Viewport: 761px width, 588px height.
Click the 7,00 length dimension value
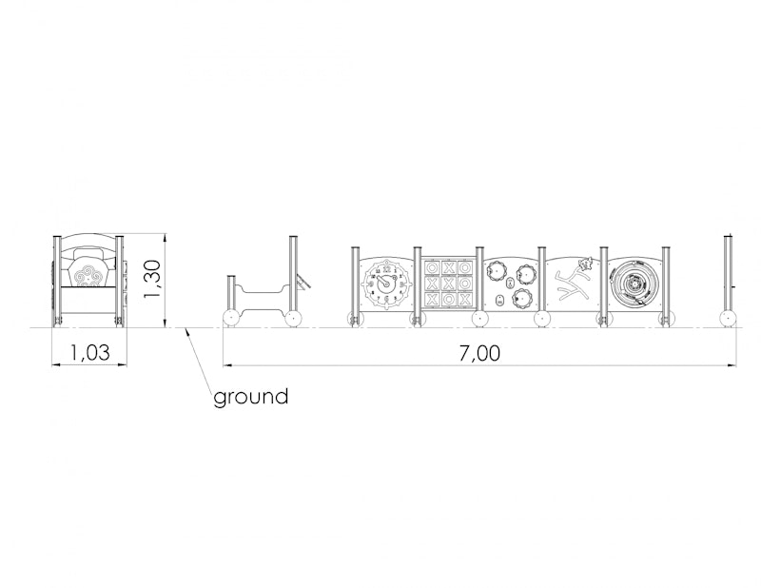479,353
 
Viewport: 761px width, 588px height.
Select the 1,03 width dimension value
89,352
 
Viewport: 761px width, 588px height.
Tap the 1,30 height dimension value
152,279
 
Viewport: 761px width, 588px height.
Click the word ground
251,397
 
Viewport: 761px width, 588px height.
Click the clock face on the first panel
386,284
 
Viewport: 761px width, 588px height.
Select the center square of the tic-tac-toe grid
448,283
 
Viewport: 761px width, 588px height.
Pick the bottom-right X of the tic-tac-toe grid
465,299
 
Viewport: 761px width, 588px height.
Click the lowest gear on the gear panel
521,297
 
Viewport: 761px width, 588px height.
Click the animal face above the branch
585,263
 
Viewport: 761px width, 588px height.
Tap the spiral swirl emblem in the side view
88,275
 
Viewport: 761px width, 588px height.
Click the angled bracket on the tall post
302,283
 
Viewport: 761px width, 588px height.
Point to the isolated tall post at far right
728,274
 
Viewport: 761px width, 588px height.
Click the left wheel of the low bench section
231,319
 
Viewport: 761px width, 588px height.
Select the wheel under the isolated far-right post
728,319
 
